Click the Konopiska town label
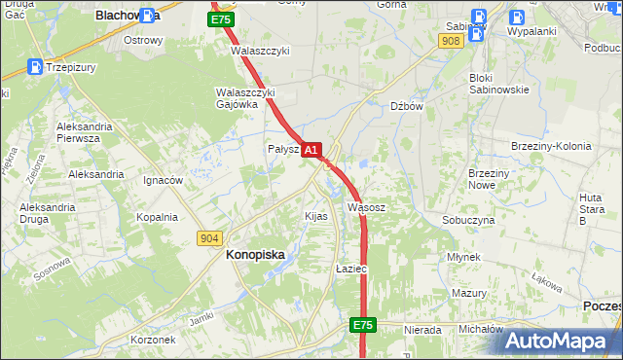(255, 254)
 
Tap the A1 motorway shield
(311, 150)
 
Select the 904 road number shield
(209, 237)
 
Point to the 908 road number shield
(450, 41)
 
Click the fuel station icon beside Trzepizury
(35, 67)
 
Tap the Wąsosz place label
(367, 207)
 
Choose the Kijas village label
(316, 216)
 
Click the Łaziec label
(350, 268)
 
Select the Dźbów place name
(406, 107)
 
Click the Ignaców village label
(163, 180)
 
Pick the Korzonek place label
(152, 340)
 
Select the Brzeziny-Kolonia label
(551, 146)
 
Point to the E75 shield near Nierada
(363, 325)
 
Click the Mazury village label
(469, 293)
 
